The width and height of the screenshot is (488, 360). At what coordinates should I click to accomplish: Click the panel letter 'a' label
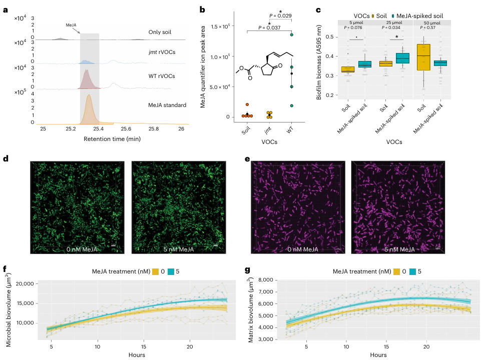click(5, 9)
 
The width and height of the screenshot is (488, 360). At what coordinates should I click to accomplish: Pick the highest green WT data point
click(291, 35)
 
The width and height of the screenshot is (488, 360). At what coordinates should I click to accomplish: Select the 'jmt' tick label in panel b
click(269, 132)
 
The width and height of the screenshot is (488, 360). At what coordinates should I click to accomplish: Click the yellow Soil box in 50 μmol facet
click(423, 56)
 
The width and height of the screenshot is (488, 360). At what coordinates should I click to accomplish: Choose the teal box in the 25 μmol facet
click(402, 57)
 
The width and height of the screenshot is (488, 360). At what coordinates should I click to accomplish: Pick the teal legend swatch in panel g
click(413, 272)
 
